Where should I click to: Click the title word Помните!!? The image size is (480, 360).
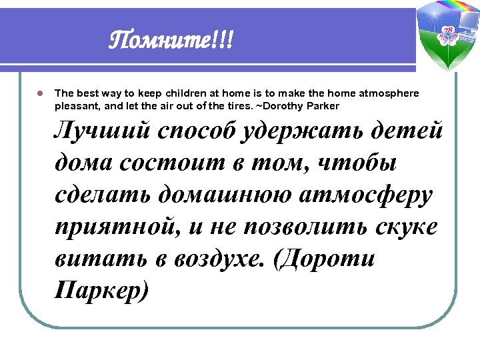[x=172, y=43]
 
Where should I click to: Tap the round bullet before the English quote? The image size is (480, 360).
[x=40, y=94]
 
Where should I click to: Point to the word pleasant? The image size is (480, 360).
[x=76, y=106]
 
